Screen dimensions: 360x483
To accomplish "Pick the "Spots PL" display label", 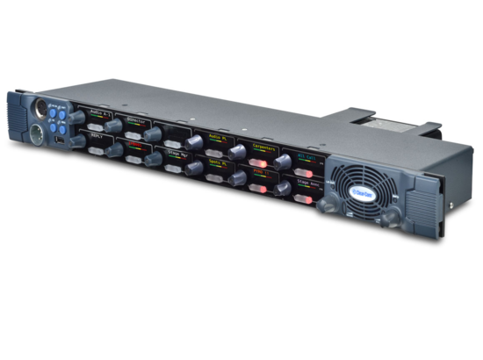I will click(x=219, y=163).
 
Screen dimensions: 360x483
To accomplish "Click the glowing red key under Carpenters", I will click(x=258, y=163).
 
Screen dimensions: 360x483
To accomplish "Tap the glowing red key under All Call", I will click(x=304, y=173).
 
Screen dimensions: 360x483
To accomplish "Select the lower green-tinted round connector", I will click(x=39, y=136).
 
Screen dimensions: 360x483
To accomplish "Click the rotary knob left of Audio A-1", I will click(x=77, y=115).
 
